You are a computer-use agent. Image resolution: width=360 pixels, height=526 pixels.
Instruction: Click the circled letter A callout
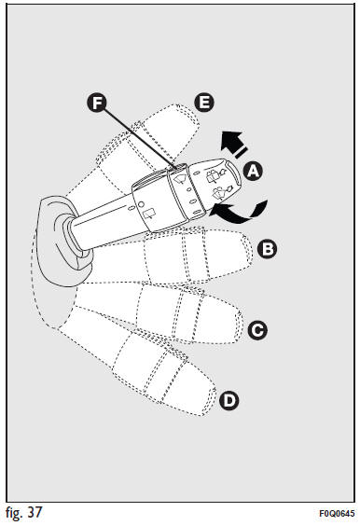253,171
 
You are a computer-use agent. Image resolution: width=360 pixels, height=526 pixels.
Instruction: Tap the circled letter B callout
267,249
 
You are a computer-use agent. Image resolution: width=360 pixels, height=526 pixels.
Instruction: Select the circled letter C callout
257,330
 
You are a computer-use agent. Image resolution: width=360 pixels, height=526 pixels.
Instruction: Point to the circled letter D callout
229,400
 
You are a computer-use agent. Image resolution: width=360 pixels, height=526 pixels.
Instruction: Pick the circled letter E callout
204,103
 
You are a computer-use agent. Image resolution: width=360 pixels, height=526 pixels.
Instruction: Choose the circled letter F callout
97,103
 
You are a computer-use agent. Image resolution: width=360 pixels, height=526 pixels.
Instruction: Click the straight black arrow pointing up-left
236,145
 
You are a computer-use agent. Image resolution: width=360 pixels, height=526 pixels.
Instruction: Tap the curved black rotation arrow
240,212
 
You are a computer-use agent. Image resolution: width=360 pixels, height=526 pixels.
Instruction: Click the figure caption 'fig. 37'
24,513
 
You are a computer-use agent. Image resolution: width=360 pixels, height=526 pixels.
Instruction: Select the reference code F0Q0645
337,514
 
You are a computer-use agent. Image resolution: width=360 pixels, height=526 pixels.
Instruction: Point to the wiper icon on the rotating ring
179,178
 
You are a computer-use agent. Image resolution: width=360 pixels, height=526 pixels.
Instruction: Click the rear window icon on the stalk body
149,214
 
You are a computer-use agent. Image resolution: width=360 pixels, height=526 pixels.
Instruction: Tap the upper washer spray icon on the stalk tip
215,175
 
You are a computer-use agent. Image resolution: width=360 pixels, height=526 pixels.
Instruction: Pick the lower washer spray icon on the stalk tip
222,192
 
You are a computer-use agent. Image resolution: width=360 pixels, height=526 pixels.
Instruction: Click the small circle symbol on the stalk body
141,204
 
